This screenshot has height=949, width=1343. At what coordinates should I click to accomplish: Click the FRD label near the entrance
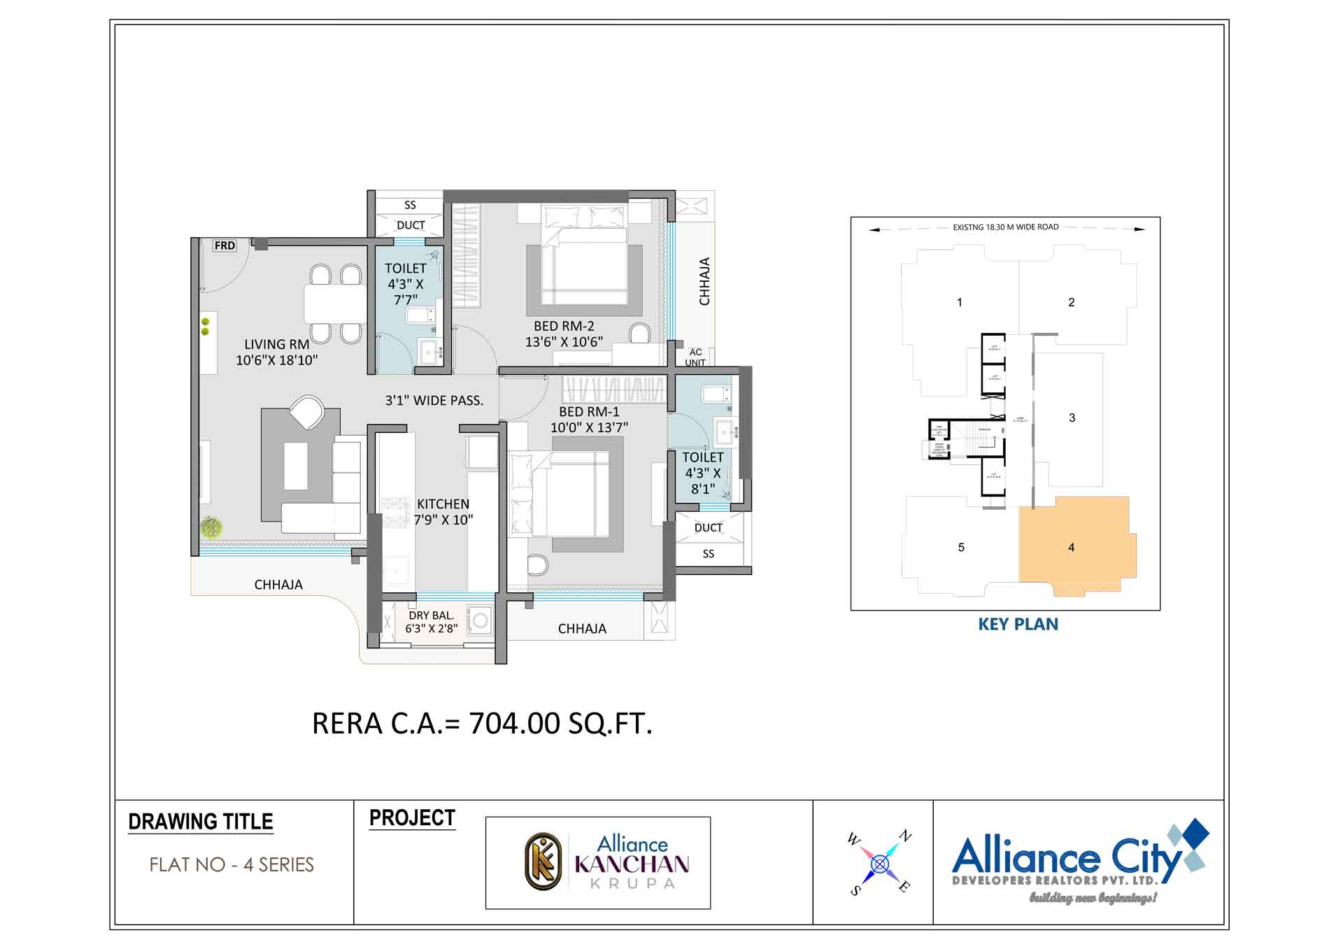[225, 245]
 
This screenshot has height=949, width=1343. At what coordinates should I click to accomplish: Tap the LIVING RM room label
[276, 344]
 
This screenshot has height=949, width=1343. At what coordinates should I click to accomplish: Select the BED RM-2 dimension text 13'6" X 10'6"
[564, 342]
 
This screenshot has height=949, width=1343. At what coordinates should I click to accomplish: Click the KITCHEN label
[443, 504]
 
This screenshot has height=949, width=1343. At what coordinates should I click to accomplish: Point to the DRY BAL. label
[431, 615]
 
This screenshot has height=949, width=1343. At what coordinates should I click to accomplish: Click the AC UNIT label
[695, 357]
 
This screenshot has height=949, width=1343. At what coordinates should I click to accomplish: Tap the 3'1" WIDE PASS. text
[434, 401]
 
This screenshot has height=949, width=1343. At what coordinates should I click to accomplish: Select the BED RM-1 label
[589, 412]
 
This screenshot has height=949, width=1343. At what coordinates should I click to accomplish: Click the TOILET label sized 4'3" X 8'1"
[702, 457]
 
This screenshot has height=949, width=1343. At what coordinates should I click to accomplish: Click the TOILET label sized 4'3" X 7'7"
[405, 269]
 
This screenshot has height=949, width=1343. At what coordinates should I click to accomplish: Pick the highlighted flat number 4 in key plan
[1071, 548]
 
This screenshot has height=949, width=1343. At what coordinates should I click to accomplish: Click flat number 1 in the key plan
[959, 302]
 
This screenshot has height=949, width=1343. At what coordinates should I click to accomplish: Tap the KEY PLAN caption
[1018, 625]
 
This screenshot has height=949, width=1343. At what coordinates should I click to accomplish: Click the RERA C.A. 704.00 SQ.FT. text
[482, 723]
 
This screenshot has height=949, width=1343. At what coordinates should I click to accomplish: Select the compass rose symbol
[880, 864]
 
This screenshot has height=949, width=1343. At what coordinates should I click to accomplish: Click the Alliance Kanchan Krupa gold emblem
[543, 862]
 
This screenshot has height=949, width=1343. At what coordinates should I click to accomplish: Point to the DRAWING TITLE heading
[201, 822]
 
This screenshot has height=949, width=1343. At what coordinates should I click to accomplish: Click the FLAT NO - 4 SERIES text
[232, 865]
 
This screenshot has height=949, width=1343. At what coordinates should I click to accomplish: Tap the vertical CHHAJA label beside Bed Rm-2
[704, 281]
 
